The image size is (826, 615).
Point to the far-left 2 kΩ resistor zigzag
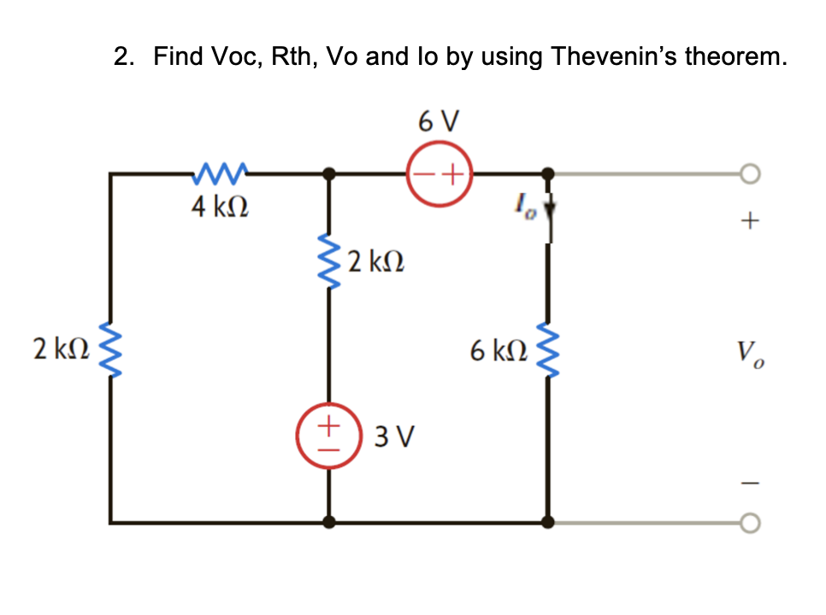(110, 348)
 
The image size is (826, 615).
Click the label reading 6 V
(440, 121)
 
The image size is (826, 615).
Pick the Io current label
(521, 205)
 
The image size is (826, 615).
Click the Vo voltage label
(750, 352)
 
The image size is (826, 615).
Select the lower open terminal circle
(750, 521)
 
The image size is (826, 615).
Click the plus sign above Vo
(750, 222)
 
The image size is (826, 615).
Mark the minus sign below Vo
(750, 483)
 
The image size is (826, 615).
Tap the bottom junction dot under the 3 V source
(331, 521)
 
